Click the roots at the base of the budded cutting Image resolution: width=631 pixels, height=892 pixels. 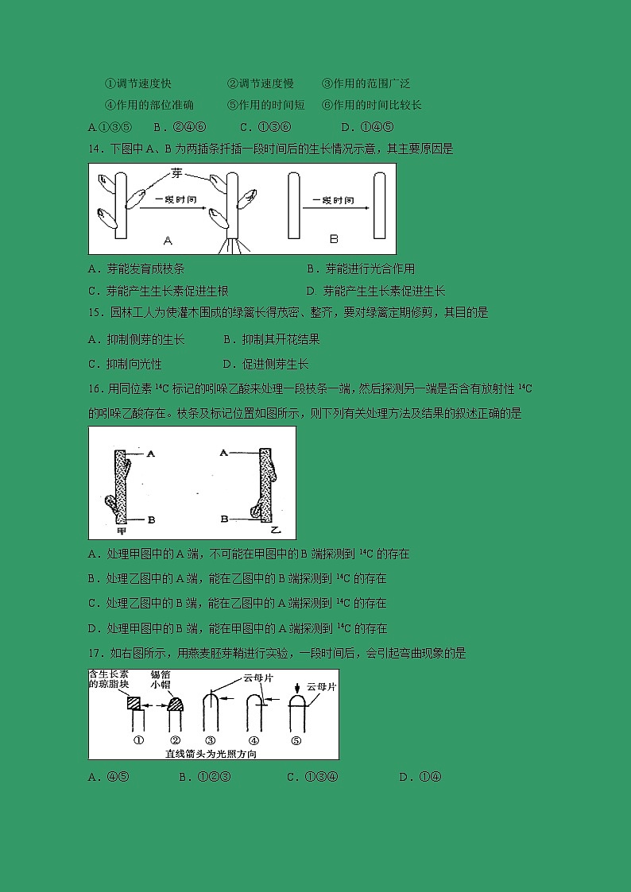click(235, 246)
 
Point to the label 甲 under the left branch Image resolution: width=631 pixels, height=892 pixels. click(121, 530)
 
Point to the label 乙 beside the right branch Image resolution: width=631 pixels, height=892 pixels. click(275, 527)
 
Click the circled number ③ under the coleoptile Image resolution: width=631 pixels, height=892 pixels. click(210, 740)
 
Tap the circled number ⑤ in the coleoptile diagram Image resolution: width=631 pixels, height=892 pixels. click(296, 740)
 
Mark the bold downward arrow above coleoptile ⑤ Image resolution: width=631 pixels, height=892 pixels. click(297, 687)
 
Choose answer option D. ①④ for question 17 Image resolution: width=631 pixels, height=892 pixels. click(420, 777)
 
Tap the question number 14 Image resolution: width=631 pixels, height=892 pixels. click(95, 149)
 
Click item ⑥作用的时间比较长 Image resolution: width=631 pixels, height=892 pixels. click(371, 105)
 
